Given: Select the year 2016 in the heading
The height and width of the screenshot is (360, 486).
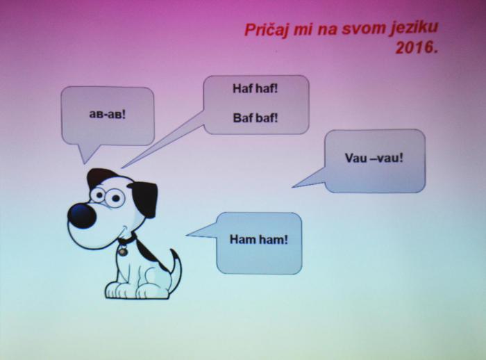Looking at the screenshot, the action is [414, 48].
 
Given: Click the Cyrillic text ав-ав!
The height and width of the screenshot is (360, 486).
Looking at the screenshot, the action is [108, 114].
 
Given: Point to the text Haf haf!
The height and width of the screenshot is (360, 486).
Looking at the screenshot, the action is [255, 89].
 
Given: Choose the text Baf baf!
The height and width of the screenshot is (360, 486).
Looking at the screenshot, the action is [255, 118].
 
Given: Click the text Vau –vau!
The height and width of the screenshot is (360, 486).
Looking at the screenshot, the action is [374, 158].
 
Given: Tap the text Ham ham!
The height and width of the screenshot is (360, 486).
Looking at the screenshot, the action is [259, 239].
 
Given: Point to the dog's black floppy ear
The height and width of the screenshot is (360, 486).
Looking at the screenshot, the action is [144, 199].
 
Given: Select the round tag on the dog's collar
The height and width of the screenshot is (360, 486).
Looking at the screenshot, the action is [122, 250].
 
